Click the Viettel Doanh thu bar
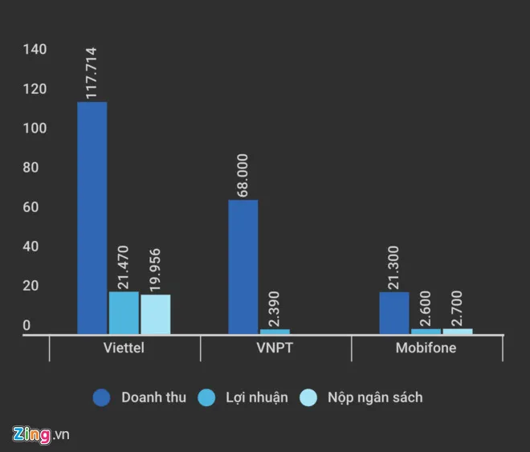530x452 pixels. click(x=92, y=217)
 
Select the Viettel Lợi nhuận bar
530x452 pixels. click(x=124, y=312)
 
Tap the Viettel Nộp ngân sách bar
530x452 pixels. click(x=155, y=314)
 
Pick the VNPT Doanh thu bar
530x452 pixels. click(x=243, y=267)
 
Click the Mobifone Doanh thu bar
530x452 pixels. click(x=394, y=312)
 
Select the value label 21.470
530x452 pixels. click(x=124, y=266)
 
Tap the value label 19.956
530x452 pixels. click(x=155, y=268)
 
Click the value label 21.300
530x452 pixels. click(x=394, y=266)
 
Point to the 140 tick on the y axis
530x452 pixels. click(x=35, y=50)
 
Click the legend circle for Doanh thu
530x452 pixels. click(x=101, y=397)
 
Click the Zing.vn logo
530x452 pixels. click(x=41, y=434)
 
